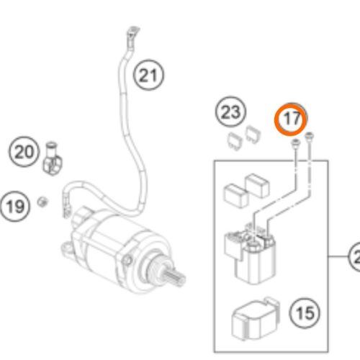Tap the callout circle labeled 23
(x=230, y=112)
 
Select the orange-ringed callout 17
(x=291, y=120)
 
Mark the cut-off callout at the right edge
(x=354, y=256)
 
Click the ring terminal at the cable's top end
(x=132, y=32)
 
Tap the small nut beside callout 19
(x=43, y=200)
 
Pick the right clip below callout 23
(x=252, y=132)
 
